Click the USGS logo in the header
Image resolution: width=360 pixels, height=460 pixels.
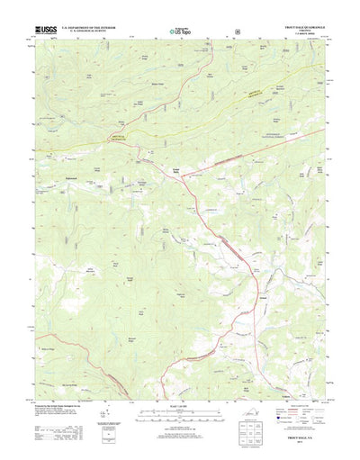[x=45, y=30]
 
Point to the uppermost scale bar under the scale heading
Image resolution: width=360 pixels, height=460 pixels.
[x=180, y=411]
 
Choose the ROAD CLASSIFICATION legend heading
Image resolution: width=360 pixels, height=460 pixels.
[x=296, y=405]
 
